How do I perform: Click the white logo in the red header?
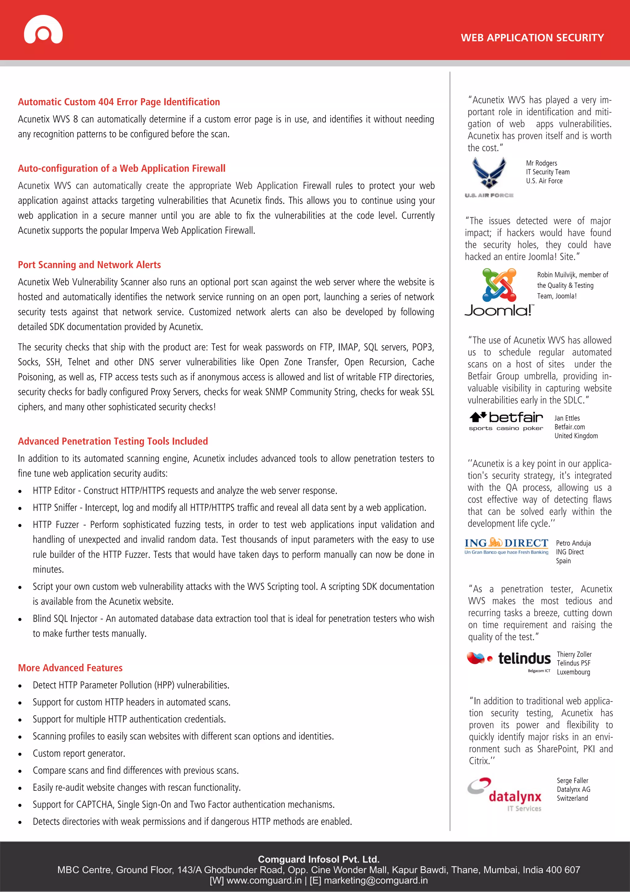tap(43, 30)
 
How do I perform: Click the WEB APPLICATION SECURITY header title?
tap(532, 38)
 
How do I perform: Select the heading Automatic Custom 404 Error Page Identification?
tap(119, 102)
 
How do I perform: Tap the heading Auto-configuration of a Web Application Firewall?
tap(122, 169)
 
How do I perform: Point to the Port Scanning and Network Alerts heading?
tap(89, 265)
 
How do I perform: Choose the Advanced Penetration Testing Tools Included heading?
tap(113, 441)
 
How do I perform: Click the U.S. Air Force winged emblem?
tap(489, 175)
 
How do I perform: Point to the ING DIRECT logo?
tap(506, 546)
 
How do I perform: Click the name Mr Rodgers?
tap(541, 163)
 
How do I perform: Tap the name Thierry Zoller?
tap(574, 654)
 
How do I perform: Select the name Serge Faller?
tap(572, 781)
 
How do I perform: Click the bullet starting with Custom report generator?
tap(79, 753)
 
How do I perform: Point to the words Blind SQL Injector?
tap(65, 618)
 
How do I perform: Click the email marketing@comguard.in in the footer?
tap(376, 880)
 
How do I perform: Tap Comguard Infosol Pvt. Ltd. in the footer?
tap(318, 859)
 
